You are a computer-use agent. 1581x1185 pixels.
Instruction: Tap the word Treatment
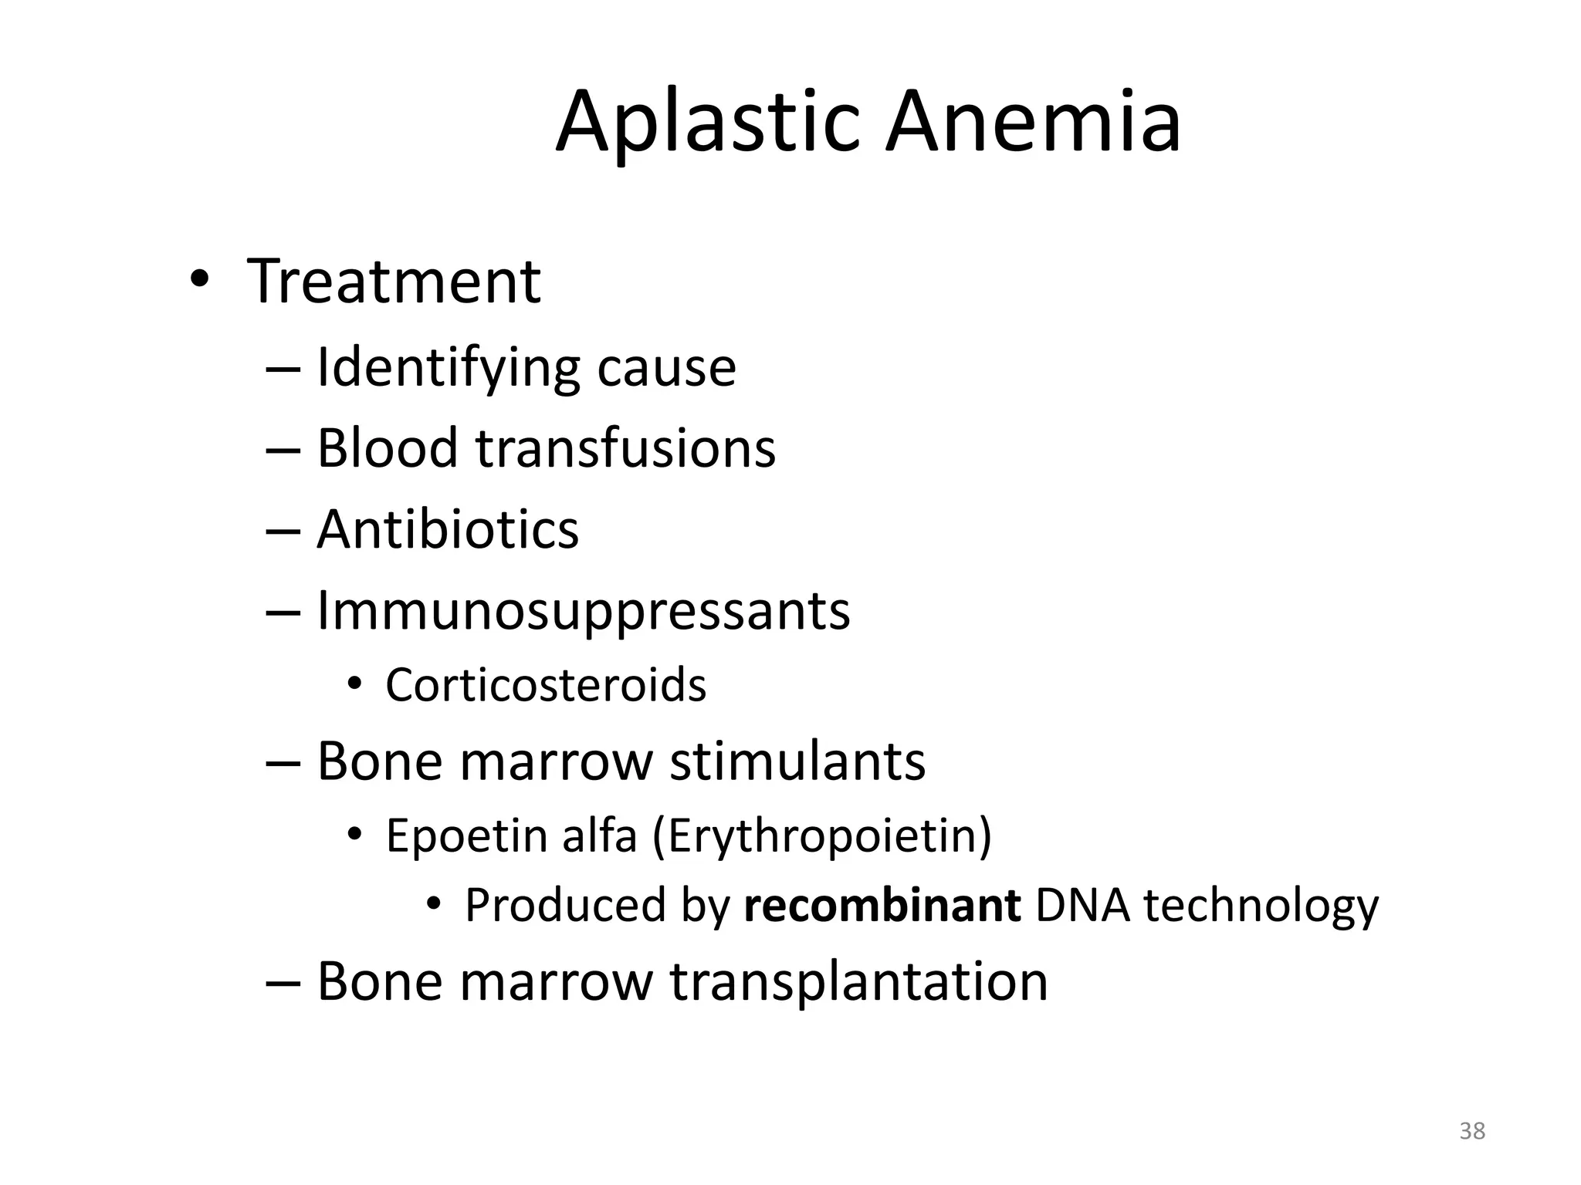point(394,282)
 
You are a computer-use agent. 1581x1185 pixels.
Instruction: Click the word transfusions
point(625,448)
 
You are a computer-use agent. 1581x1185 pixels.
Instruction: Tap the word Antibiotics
point(448,530)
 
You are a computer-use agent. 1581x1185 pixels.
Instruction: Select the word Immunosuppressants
point(584,611)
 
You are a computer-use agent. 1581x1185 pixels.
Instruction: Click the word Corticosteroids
point(546,685)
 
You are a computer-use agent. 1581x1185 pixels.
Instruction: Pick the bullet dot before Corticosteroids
point(354,684)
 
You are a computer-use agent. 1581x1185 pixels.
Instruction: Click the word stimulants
point(797,761)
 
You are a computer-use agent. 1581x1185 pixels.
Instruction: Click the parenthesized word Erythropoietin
point(823,836)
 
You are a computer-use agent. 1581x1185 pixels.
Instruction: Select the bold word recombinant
point(882,906)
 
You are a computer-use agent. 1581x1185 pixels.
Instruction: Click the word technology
point(1261,906)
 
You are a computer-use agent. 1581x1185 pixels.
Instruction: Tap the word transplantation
point(858,982)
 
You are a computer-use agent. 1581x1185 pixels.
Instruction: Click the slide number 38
point(1472,1131)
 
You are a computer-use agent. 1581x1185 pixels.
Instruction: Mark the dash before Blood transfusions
point(283,450)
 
